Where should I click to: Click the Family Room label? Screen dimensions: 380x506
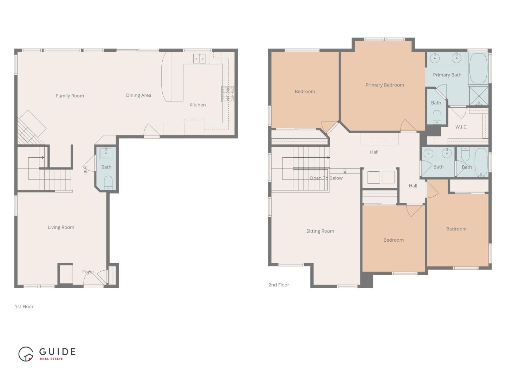click(x=70, y=96)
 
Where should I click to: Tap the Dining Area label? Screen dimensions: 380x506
click(x=138, y=95)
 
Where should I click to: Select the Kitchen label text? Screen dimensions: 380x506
click(x=197, y=105)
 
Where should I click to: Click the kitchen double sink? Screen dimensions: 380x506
click(x=200, y=59)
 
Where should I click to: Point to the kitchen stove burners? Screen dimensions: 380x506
click(x=228, y=94)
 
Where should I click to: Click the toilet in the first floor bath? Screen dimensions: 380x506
click(x=108, y=182)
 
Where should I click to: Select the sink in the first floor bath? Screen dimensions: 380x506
click(x=106, y=153)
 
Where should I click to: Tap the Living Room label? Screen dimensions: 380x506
click(x=61, y=227)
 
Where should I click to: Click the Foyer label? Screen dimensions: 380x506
click(x=88, y=272)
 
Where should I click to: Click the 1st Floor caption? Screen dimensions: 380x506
click(x=24, y=306)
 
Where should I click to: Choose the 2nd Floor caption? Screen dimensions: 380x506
click(x=279, y=285)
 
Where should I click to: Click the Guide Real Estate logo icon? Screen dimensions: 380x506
click(x=26, y=354)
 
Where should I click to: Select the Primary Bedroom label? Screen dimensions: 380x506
click(x=384, y=85)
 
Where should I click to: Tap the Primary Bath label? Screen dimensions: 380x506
click(x=447, y=75)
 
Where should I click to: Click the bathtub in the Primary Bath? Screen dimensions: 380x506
click(x=478, y=68)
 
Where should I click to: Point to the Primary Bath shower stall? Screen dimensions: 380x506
click(x=479, y=95)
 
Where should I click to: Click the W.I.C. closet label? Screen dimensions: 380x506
click(x=461, y=127)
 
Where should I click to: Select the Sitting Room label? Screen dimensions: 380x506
click(x=320, y=231)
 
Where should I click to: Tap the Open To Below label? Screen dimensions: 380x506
click(x=326, y=178)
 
